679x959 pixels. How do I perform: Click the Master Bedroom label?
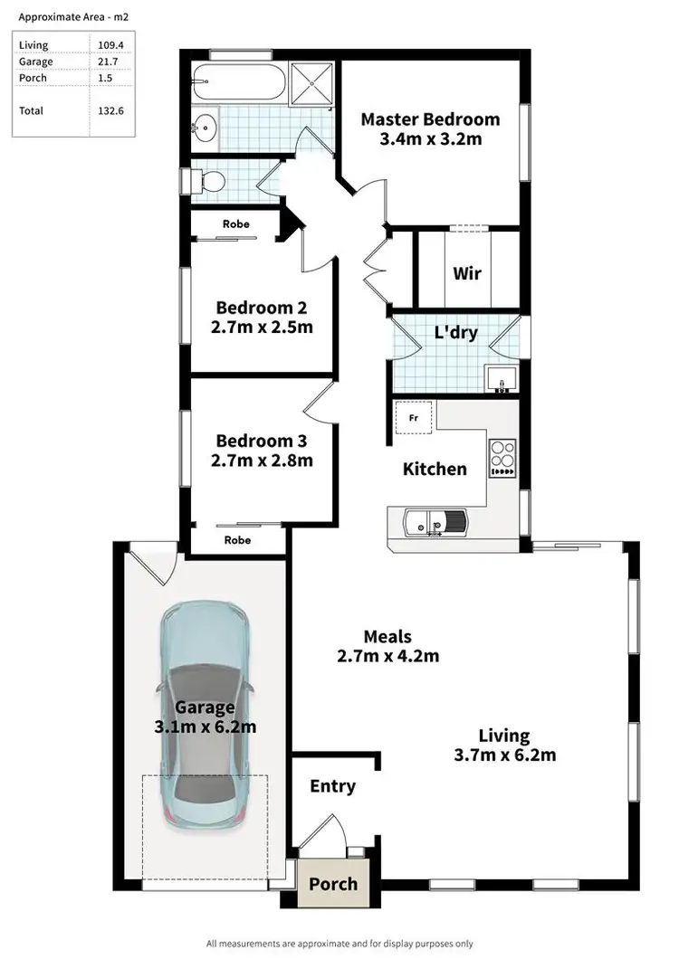pyautogui.click(x=430, y=119)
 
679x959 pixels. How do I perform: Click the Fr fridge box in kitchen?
pyautogui.click(x=413, y=419)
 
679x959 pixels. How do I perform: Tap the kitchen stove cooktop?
pyautogui.click(x=502, y=458)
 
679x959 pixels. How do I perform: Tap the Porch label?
pyautogui.click(x=332, y=884)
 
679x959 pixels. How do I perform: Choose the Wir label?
pyautogui.click(x=466, y=273)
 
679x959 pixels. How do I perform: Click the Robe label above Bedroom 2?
pyautogui.click(x=236, y=223)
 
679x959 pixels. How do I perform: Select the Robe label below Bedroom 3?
pyautogui.click(x=237, y=540)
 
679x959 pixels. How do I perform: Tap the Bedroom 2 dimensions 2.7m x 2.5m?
pyautogui.click(x=263, y=327)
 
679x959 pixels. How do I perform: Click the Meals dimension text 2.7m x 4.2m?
pyautogui.click(x=387, y=656)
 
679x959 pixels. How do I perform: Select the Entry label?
pyautogui.click(x=332, y=786)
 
